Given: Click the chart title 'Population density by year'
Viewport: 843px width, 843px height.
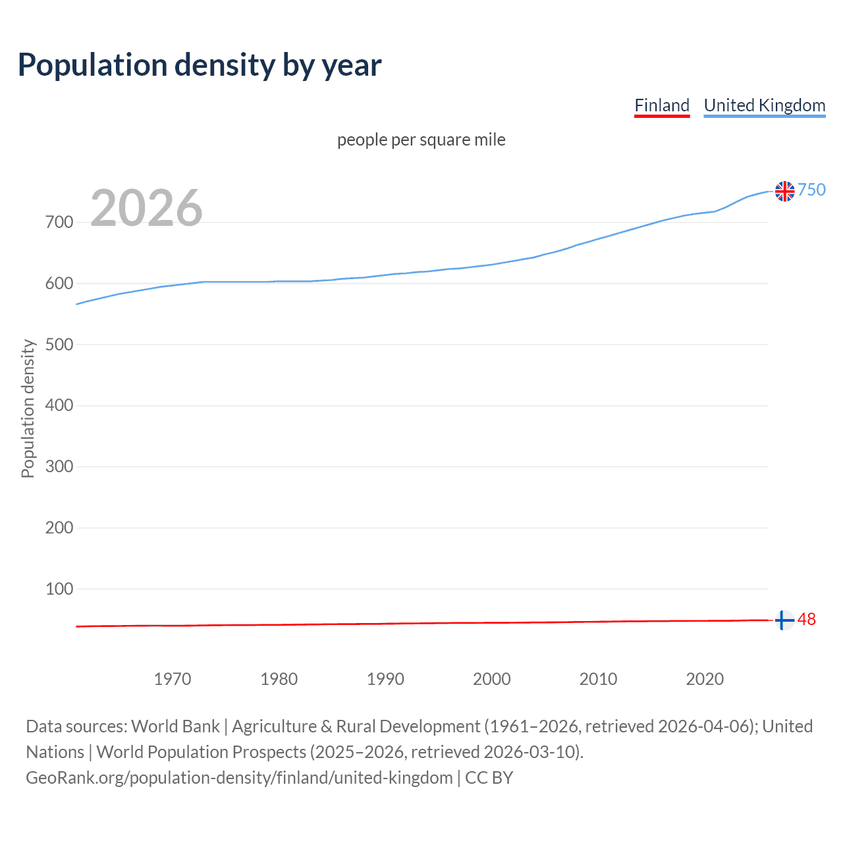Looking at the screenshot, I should pyautogui.click(x=200, y=65).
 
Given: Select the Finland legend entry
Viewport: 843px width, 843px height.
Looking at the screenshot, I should pyautogui.click(x=662, y=105).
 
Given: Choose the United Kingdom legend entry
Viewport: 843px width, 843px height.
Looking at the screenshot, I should pyautogui.click(x=764, y=105).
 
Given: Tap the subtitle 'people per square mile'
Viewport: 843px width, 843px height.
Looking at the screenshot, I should pyautogui.click(x=421, y=140).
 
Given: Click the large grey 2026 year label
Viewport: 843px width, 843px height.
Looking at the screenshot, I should pyautogui.click(x=146, y=208).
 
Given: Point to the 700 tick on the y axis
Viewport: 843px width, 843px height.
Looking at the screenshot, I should pyautogui.click(x=59, y=223).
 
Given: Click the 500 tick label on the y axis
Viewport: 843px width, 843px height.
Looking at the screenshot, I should pyautogui.click(x=59, y=344).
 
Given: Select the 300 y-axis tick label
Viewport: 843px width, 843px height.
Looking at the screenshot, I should pyautogui.click(x=59, y=467).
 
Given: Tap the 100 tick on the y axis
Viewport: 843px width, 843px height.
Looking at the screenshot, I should pyautogui.click(x=59, y=589).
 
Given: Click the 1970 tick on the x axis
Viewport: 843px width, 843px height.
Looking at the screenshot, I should pyautogui.click(x=173, y=679).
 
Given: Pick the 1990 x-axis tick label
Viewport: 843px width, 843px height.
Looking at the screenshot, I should pyautogui.click(x=385, y=679).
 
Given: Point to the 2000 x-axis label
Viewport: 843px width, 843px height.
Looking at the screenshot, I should pyautogui.click(x=492, y=679).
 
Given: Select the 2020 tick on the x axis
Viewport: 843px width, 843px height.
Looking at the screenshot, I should pyautogui.click(x=705, y=679).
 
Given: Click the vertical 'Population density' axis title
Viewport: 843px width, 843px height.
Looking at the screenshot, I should pyautogui.click(x=28, y=408).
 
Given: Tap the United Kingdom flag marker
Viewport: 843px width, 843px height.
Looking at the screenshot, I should pyautogui.click(x=784, y=191).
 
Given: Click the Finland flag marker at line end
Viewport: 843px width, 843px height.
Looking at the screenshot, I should pyautogui.click(x=784, y=620).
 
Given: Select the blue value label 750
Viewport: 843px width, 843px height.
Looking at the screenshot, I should pyautogui.click(x=811, y=190).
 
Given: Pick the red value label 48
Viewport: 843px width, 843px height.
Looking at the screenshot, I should pyautogui.click(x=807, y=620).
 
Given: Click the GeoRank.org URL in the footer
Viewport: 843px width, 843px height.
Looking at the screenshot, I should pyautogui.click(x=239, y=778).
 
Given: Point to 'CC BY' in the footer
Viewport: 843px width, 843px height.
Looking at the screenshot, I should pyautogui.click(x=489, y=778).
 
